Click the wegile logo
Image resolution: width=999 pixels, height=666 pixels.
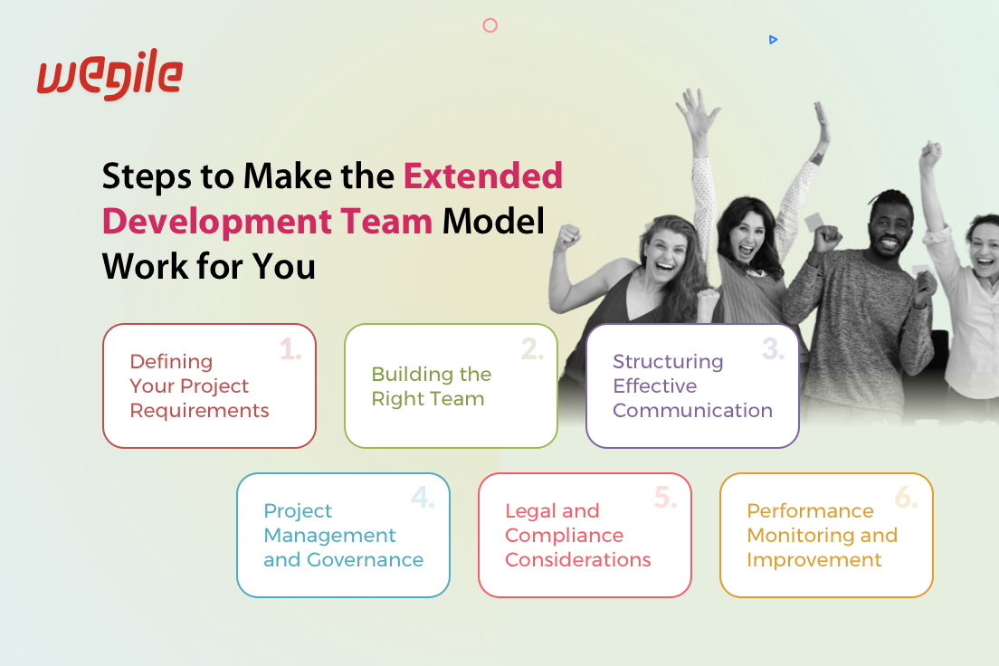109,74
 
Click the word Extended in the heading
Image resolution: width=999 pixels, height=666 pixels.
483,176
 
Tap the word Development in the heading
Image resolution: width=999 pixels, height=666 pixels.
216,222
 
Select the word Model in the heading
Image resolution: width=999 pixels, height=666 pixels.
493,221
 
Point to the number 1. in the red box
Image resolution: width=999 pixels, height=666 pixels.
290,349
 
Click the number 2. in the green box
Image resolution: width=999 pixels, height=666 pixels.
532,349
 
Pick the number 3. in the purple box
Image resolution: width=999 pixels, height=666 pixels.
773,349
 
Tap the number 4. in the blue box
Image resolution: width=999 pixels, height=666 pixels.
423,497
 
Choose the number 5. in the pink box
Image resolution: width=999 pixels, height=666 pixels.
665,497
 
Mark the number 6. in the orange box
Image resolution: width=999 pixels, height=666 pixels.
906,497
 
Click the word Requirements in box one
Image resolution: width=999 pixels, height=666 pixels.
199,411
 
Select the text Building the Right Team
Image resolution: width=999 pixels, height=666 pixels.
432,386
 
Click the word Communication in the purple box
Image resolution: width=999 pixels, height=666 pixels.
692,411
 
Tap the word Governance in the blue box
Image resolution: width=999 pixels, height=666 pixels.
365,559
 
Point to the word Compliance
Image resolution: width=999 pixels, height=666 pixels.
564,536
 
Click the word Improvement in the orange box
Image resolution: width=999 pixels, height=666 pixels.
814,560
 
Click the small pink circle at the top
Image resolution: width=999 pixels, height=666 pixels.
490,25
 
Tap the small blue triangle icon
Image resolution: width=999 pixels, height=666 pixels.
773,40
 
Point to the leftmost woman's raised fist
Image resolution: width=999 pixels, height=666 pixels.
567,237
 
